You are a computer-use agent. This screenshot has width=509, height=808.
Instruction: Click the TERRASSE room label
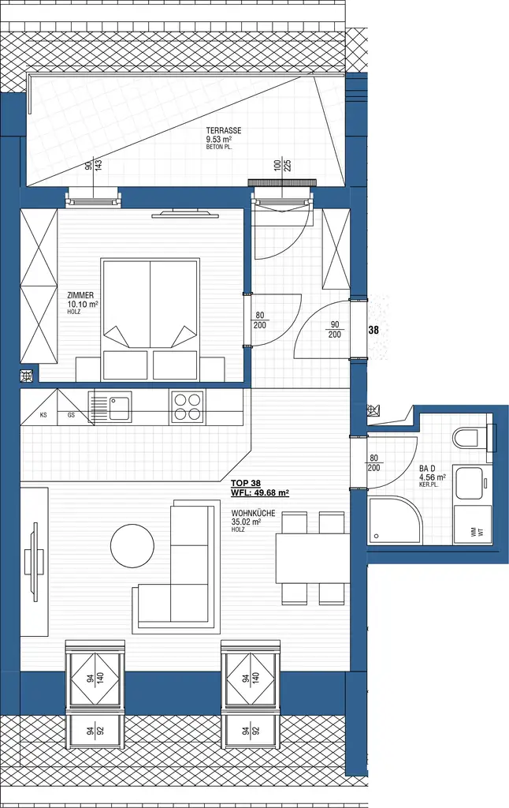click(224, 131)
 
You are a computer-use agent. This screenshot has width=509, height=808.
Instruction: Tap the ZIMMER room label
click(80, 295)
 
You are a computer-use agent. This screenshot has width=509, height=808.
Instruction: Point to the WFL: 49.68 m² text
click(259, 493)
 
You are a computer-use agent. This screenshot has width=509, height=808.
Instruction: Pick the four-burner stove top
click(187, 407)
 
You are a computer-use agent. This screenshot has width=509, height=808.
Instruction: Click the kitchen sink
click(118, 408)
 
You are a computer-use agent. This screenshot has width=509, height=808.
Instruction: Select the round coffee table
click(132, 547)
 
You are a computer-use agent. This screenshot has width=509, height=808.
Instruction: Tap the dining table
click(312, 558)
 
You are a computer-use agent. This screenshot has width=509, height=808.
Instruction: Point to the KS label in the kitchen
click(43, 414)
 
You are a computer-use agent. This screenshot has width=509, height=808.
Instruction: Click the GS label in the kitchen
click(71, 414)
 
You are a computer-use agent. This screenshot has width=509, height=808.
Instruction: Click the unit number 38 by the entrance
click(373, 331)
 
